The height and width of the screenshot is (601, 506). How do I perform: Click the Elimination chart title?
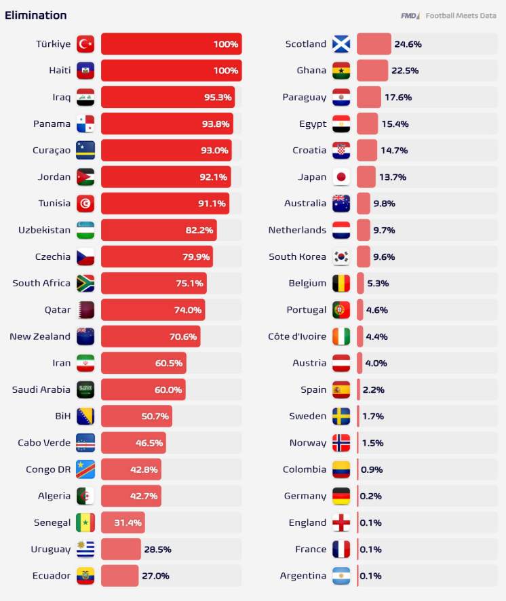pos(36,16)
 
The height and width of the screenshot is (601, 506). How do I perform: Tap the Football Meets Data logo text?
pos(461,16)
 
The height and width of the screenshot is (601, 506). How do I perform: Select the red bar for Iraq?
pos(168,97)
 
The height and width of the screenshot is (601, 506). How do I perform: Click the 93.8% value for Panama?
pos(216,124)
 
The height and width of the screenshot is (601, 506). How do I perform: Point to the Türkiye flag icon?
pos(85,44)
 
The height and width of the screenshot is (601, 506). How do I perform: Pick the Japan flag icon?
pos(341,177)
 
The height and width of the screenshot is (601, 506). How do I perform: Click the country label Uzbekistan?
pos(45,230)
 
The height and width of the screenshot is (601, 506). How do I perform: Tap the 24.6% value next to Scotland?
pos(408,44)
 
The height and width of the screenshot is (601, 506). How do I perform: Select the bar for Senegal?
pos(123,522)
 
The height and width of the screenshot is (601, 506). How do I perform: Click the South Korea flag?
pos(341,257)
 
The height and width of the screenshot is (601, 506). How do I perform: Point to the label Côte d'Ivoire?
pos(297,336)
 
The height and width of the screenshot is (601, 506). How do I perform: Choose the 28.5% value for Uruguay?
pos(157,549)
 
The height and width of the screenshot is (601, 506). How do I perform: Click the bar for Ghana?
pos(372,71)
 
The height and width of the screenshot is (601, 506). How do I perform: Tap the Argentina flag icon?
pos(341,576)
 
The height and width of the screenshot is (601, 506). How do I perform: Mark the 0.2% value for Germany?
pos(371,496)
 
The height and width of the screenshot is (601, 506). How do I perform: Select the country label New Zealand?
pos(40,336)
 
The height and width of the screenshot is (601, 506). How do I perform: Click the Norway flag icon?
pos(341,443)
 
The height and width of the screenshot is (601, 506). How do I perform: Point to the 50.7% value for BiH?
pos(155,416)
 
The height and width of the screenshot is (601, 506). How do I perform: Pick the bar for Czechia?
pos(157,256)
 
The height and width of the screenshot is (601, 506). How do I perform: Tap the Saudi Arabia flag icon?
pos(85,390)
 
